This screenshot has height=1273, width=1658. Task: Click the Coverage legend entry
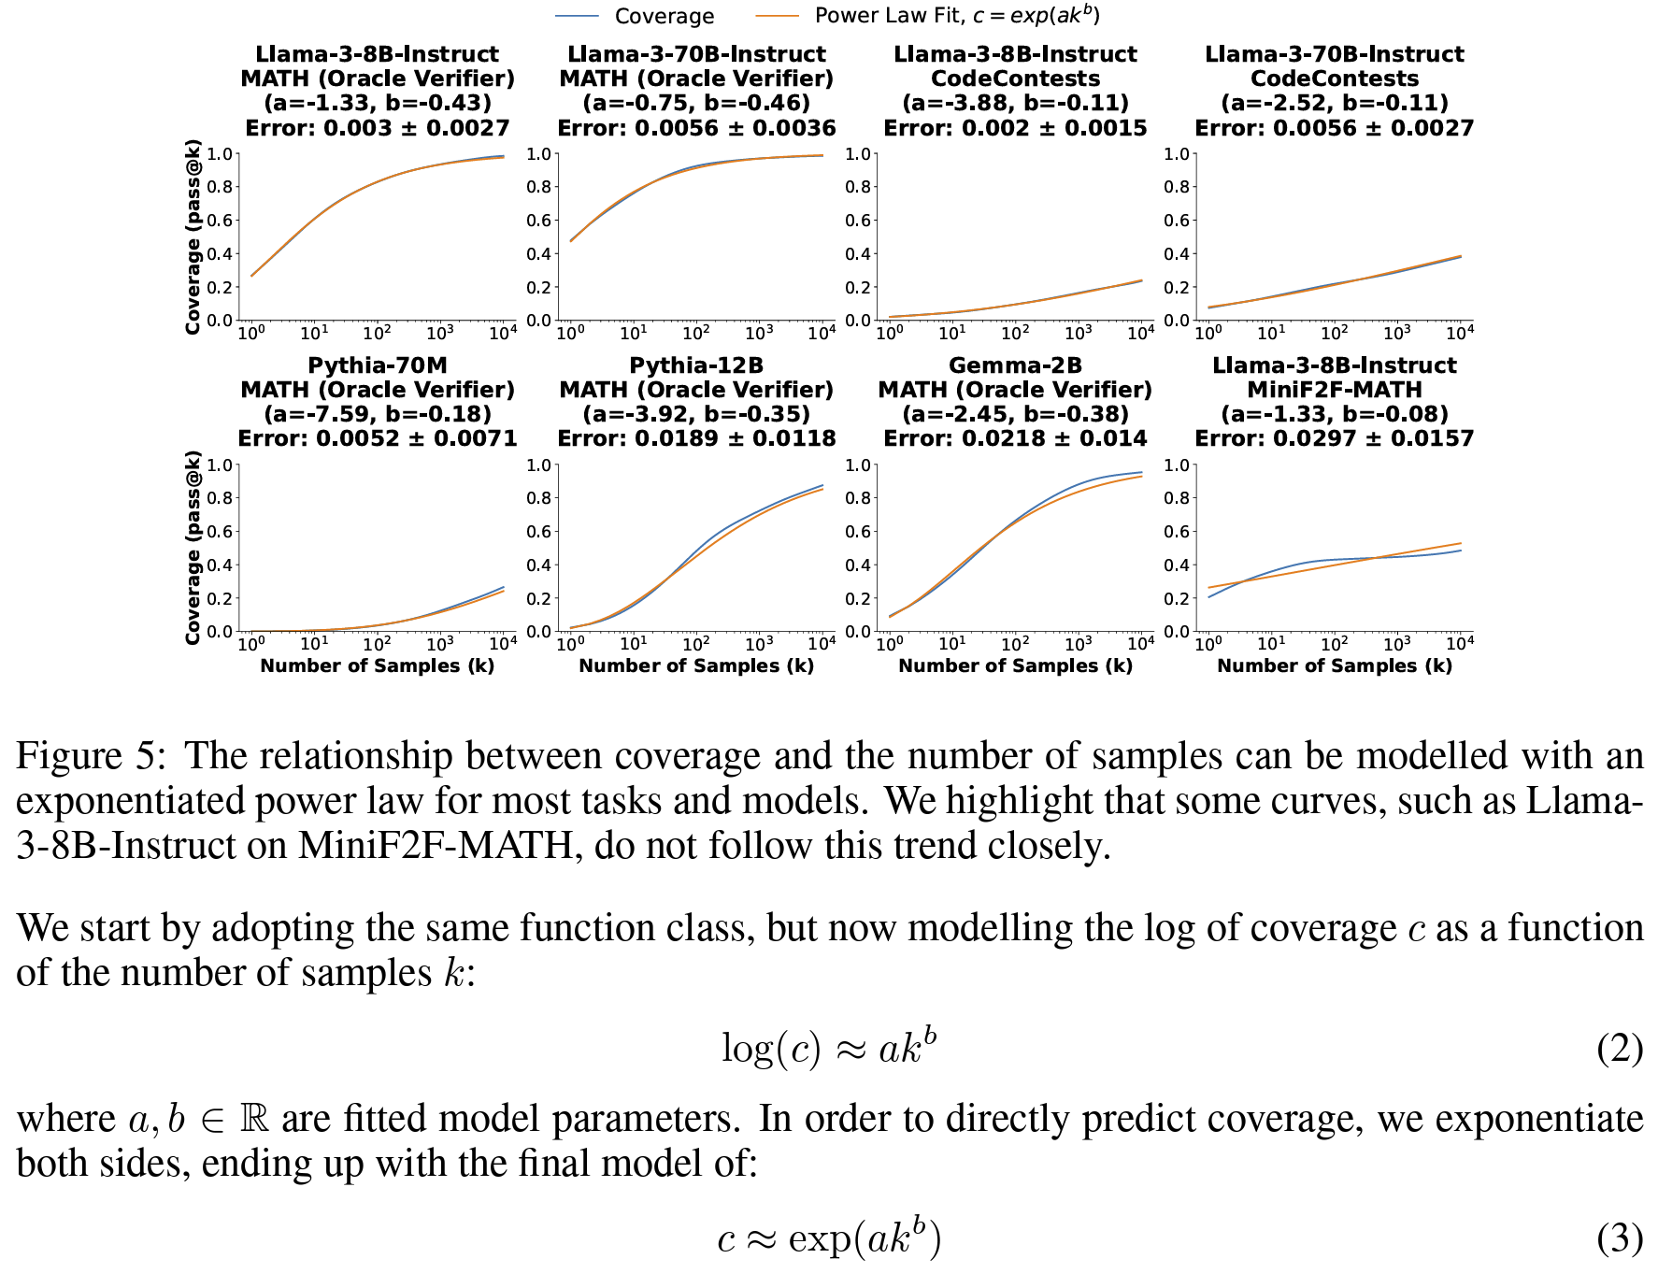coord(664,16)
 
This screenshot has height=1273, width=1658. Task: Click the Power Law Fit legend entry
coord(956,16)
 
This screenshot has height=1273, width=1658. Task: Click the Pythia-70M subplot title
coord(378,365)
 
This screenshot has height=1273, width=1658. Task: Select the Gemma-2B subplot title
coord(1015,365)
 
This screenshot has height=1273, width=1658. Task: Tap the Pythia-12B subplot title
coord(696,365)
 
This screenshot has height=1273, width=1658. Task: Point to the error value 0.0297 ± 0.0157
coord(1334,438)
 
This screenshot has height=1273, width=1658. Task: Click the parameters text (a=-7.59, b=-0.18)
coord(378,414)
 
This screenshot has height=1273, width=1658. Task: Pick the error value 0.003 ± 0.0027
coord(378,128)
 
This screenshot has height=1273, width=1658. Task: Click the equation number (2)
coord(1619,1049)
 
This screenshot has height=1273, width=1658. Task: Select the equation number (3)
coord(1619,1238)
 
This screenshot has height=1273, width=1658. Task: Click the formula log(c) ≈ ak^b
coord(828,1048)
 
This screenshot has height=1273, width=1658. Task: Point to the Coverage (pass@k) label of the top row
coord(193,236)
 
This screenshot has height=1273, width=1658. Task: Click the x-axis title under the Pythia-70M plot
coord(378,665)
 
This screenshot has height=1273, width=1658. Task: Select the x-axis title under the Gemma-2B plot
coord(1015,665)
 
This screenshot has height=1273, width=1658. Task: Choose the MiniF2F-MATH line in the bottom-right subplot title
coord(1334,390)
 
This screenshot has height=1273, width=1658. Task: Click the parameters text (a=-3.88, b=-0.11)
coord(1015,103)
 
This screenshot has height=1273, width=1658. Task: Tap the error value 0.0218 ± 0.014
coord(1015,438)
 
